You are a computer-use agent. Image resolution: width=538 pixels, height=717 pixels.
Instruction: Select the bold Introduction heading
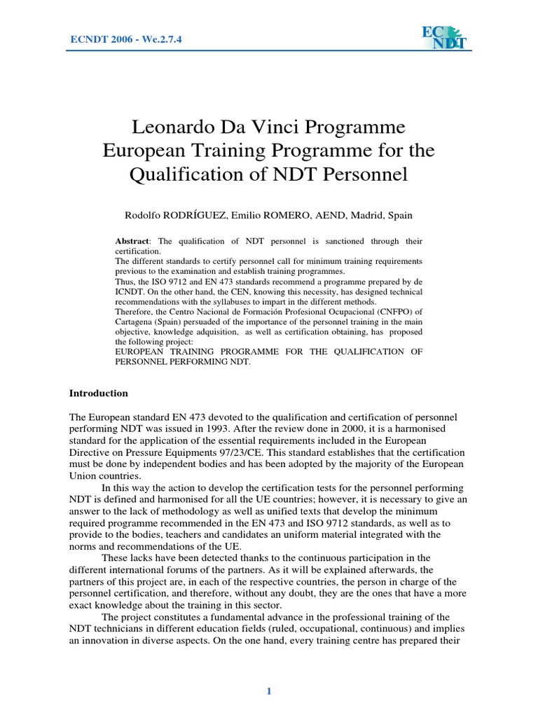point(98,393)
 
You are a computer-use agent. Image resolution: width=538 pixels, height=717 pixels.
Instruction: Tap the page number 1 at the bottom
point(268,692)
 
